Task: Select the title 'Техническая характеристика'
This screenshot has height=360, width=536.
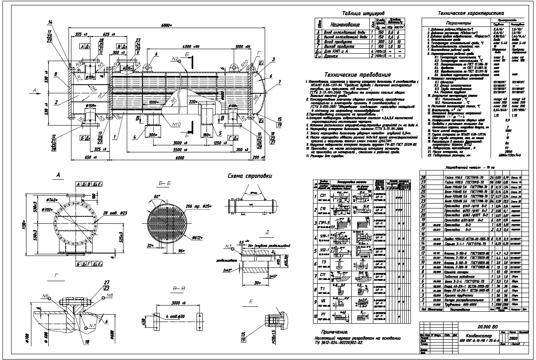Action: pyautogui.click(x=472, y=13)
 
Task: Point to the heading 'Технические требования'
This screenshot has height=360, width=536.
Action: pyautogui.click(x=358, y=75)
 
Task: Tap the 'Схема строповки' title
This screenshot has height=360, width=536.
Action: pyautogui.click(x=250, y=176)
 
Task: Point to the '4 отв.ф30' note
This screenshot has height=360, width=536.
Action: pyautogui.click(x=181, y=317)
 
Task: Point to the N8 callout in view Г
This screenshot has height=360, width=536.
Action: pyautogui.click(x=109, y=296)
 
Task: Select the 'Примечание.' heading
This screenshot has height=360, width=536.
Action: pyautogui.click(x=334, y=332)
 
